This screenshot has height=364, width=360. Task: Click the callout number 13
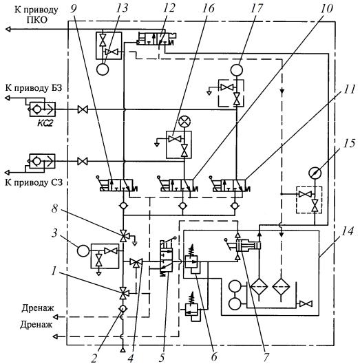(122, 8)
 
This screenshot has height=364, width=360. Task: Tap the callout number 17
(257, 8)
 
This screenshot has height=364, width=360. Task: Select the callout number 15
(349, 144)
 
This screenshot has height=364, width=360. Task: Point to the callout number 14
(347, 231)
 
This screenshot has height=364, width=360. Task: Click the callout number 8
(54, 208)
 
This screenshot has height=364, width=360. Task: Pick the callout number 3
(54, 233)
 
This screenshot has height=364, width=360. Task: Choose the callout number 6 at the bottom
(214, 357)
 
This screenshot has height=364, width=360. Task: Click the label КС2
(45, 123)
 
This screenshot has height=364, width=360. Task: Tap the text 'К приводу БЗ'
(34, 88)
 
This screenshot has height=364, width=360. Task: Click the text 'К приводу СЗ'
(34, 182)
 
